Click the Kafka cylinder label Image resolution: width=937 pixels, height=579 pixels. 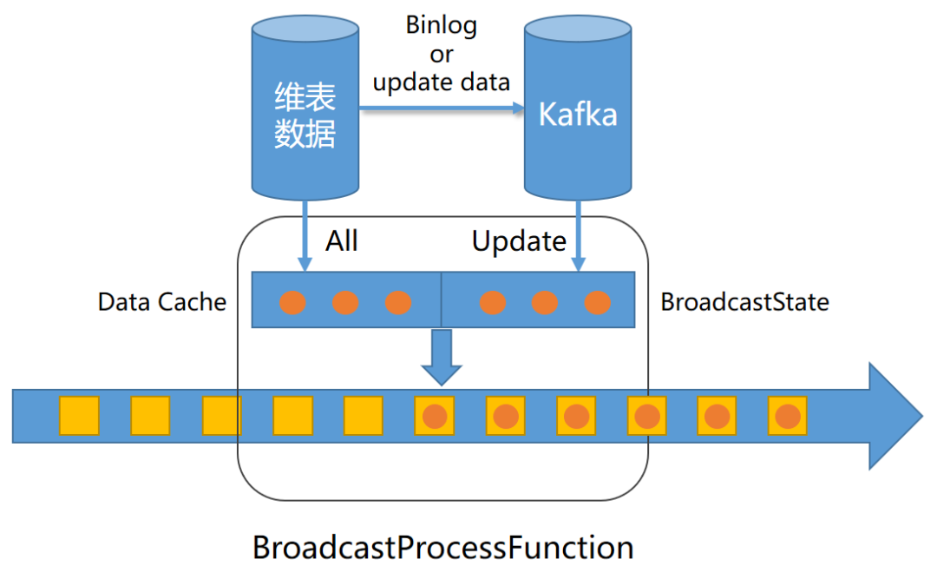578,114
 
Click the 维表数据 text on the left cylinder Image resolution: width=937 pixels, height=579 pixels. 305,115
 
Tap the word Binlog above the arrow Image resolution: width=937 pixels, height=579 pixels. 441,25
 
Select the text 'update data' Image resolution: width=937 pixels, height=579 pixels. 441,82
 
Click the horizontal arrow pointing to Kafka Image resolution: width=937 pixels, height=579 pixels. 442,109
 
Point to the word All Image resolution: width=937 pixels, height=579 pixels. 342,240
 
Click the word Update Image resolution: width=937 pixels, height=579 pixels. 519,240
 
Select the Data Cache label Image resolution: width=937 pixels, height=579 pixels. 162,302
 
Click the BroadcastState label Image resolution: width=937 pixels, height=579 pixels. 744,302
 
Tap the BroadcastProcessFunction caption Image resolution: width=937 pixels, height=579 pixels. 442,548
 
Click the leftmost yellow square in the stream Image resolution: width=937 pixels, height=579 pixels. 79,416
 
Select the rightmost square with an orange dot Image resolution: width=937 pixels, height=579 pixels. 788,416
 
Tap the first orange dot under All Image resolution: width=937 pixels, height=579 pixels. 292,303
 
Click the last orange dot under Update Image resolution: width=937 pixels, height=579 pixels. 597,303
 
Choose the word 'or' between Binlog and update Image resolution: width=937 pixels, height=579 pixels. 441,54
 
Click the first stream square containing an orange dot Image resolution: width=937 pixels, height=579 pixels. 434,416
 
